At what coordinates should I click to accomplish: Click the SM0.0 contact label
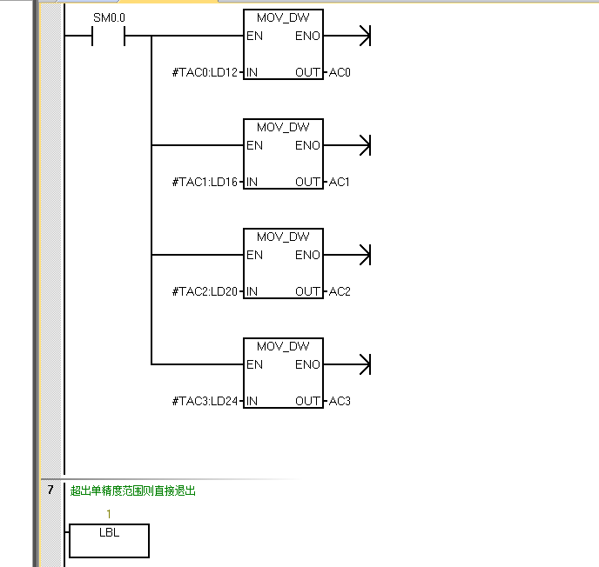[x=108, y=17]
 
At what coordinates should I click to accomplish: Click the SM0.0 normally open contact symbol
[x=109, y=37]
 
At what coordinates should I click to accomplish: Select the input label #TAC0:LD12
[x=205, y=72]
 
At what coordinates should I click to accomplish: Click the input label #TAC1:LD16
[x=205, y=182]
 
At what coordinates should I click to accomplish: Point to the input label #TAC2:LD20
[x=205, y=291]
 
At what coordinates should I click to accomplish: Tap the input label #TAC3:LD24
[x=205, y=401]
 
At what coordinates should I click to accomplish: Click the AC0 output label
[x=340, y=72]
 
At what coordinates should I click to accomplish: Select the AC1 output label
[x=340, y=182]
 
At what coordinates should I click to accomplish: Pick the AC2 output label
[x=340, y=291]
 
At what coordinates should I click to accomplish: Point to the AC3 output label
[x=340, y=401]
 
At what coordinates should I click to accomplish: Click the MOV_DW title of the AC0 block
[x=283, y=17]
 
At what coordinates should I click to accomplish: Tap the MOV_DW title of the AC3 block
[x=283, y=346]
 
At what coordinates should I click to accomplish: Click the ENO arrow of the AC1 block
[x=365, y=145]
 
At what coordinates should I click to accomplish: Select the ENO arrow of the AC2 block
[x=365, y=255]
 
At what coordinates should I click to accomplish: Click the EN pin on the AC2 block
[x=254, y=255]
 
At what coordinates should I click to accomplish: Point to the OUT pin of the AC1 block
[x=307, y=182]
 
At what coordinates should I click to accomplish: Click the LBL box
[x=109, y=540]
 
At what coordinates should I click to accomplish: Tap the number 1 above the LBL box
[x=108, y=514]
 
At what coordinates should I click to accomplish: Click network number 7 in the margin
[x=51, y=490]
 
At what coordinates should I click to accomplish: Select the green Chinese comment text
[x=133, y=490]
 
